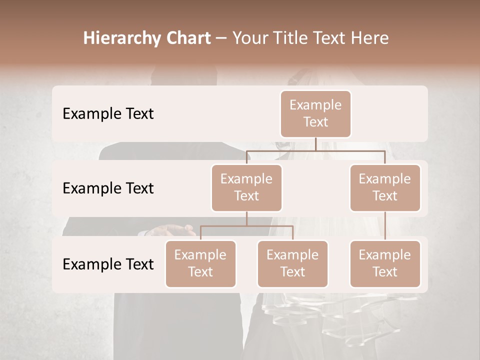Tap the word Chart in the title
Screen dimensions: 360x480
pyautogui.click(x=186, y=38)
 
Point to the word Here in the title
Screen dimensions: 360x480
pyautogui.click(x=368, y=38)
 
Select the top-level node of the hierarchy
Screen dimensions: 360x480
pyautogui.click(x=315, y=113)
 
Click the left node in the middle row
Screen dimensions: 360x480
pyautogui.click(x=246, y=187)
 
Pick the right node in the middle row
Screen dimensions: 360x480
pyautogui.click(x=385, y=187)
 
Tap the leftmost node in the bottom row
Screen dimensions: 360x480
pyautogui.click(x=200, y=263)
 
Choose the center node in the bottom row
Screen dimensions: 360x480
pyautogui.click(x=292, y=263)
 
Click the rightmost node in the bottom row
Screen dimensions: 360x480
pyautogui.click(x=385, y=263)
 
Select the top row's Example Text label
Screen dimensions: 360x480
pyautogui.click(x=108, y=114)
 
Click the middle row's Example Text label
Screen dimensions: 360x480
pyautogui.click(x=108, y=188)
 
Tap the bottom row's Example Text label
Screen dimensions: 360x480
pyautogui.click(x=108, y=264)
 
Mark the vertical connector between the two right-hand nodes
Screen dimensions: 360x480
pyautogui.click(x=385, y=226)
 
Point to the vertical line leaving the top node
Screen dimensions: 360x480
pyautogui.click(x=315, y=144)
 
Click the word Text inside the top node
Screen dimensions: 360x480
pyautogui.click(x=315, y=122)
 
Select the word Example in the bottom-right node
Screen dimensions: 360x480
pyautogui.click(x=385, y=255)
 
